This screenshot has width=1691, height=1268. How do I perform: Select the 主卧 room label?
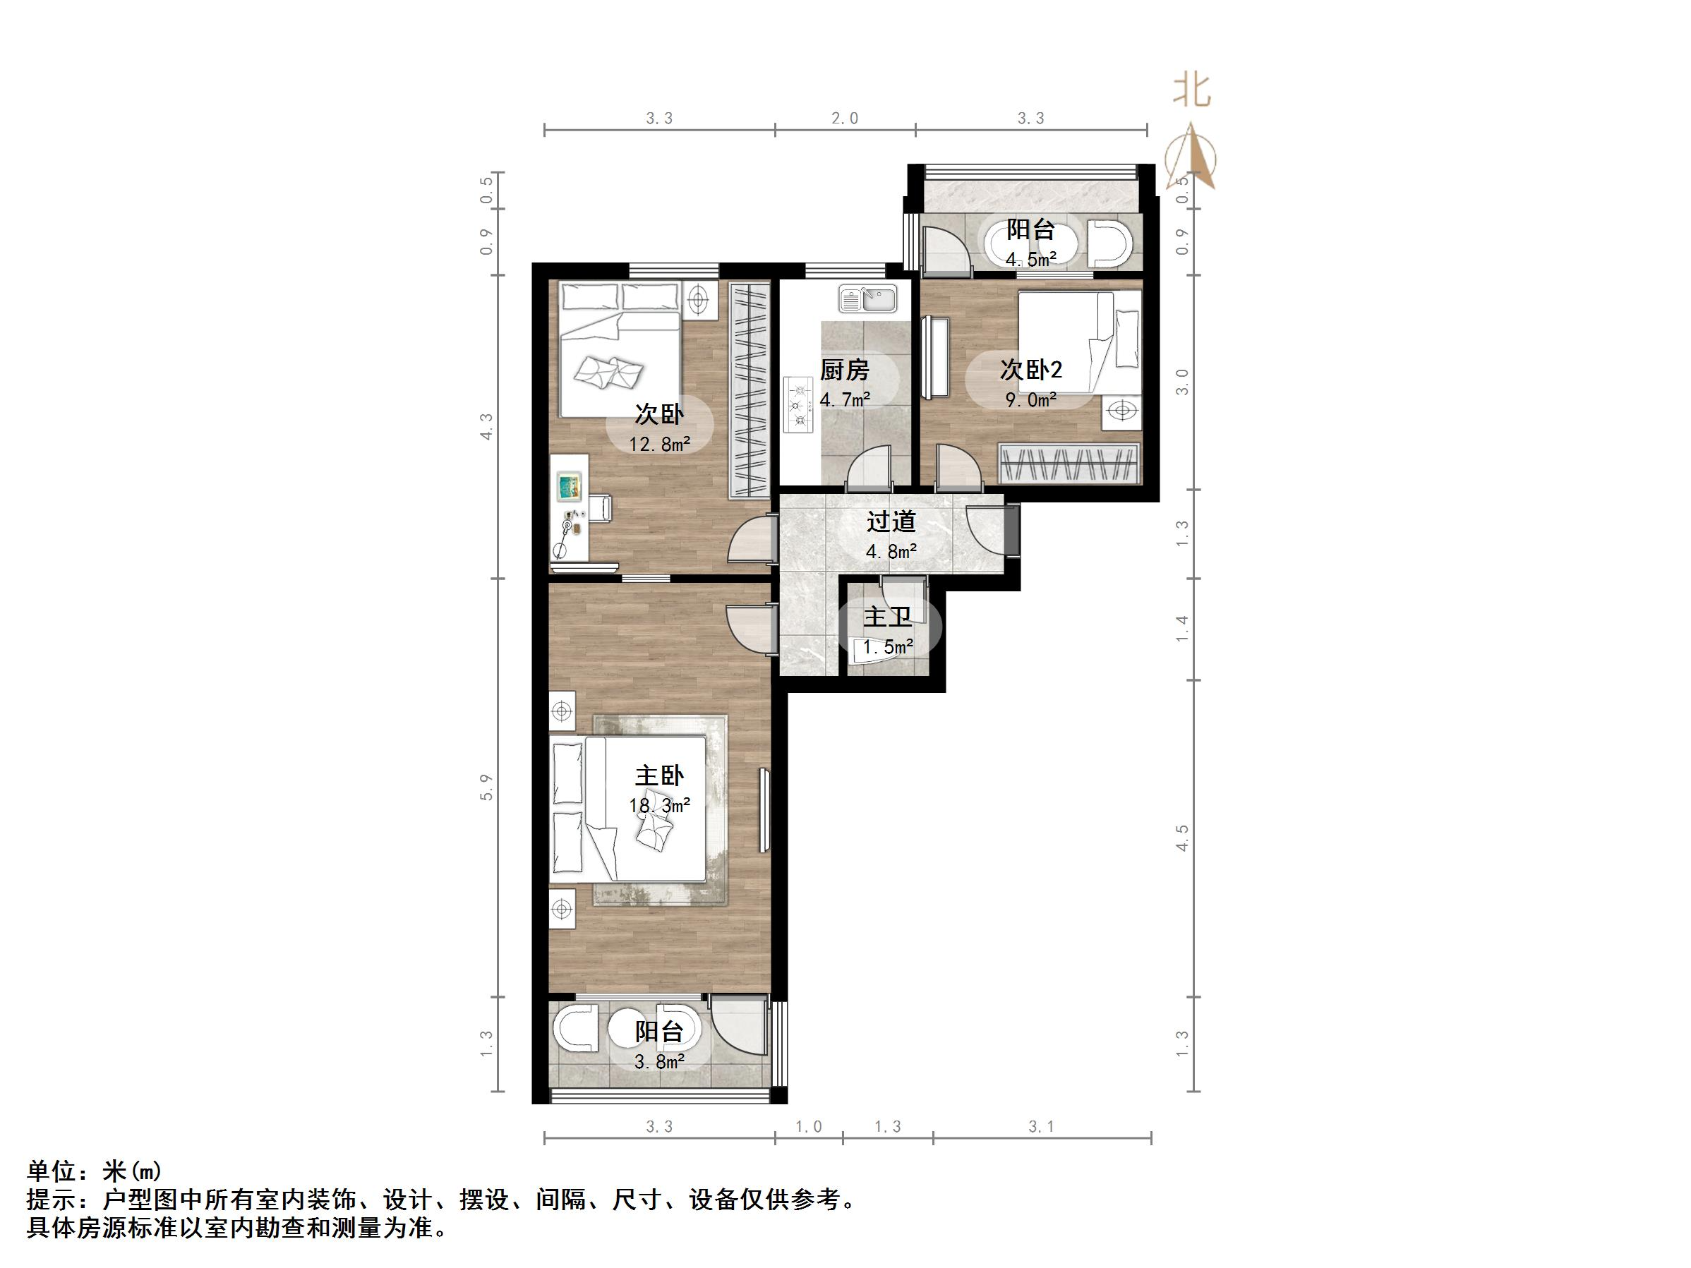659,775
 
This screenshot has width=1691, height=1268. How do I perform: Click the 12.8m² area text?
659,444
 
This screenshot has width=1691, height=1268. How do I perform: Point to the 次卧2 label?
1030,370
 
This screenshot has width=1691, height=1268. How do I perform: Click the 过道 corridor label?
891,522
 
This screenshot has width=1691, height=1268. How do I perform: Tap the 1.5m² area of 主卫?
888,647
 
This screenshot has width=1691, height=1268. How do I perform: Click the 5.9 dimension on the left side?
486,787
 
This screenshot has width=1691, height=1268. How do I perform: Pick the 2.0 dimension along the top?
844,119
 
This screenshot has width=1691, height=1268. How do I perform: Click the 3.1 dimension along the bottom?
1041,1127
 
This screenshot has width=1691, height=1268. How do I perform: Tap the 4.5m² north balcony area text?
1030,259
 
